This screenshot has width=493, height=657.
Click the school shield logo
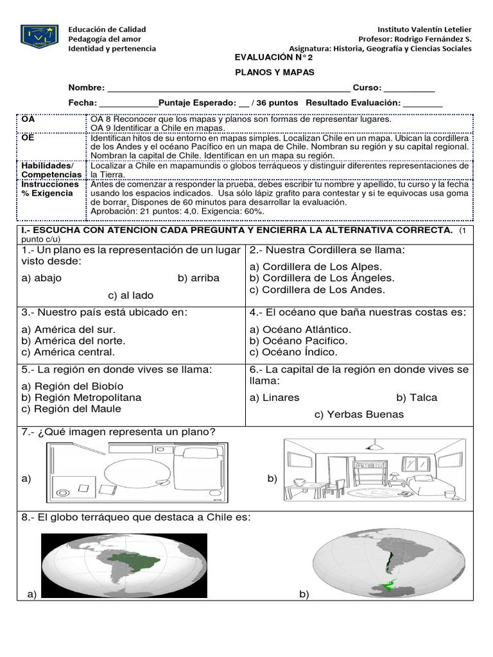(x=40, y=37)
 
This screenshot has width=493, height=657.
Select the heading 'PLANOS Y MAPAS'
(x=273, y=72)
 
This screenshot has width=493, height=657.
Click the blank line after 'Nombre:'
(x=229, y=89)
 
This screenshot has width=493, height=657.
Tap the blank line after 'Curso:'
(x=409, y=89)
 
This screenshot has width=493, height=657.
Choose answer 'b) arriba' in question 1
(x=199, y=278)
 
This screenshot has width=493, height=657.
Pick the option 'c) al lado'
(x=131, y=295)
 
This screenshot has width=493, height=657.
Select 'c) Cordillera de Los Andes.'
(x=317, y=289)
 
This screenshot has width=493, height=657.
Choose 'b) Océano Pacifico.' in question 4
(x=298, y=341)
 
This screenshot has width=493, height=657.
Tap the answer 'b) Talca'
(x=417, y=397)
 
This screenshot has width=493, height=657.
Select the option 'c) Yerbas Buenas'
(x=359, y=414)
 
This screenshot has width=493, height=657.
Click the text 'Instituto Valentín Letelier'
(x=424, y=30)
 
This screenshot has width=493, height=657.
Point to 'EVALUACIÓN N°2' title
(x=273, y=57)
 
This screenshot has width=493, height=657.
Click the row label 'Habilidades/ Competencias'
(x=51, y=169)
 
